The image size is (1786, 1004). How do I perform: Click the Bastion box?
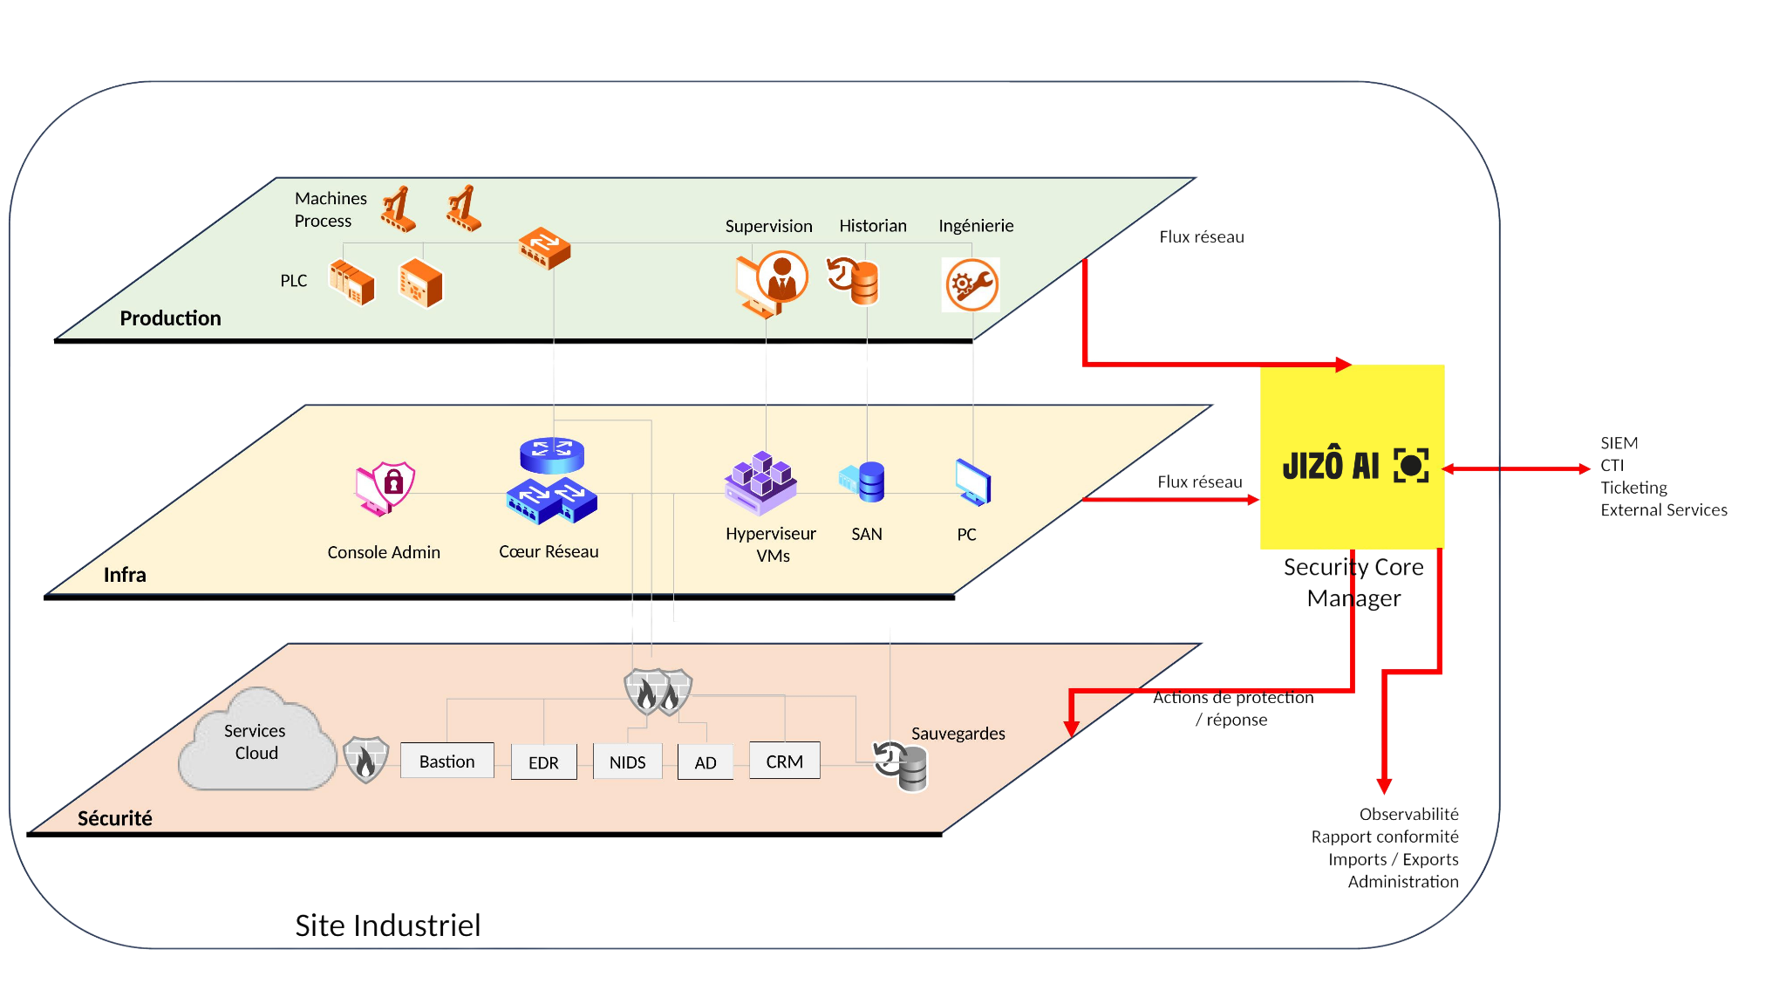[446, 761]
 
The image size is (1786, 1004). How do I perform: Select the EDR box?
[543, 762]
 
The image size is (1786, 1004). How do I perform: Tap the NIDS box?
[627, 762]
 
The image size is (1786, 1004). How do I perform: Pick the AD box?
[705, 762]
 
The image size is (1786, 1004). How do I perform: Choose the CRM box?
[784, 761]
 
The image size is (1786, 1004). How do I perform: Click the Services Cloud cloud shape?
[256, 742]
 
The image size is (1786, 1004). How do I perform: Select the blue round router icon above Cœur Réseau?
[551, 454]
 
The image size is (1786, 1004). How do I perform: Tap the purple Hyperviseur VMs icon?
[760, 482]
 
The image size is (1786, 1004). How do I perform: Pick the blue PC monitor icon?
[972, 482]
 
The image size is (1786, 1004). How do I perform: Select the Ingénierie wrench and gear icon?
[971, 284]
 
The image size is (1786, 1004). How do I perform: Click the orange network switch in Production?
[544, 249]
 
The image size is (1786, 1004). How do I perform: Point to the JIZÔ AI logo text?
[1331, 465]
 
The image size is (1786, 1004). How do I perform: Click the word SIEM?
[1619, 443]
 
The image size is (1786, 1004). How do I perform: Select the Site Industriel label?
[387, 925]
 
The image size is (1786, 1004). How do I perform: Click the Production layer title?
[170, 318]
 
